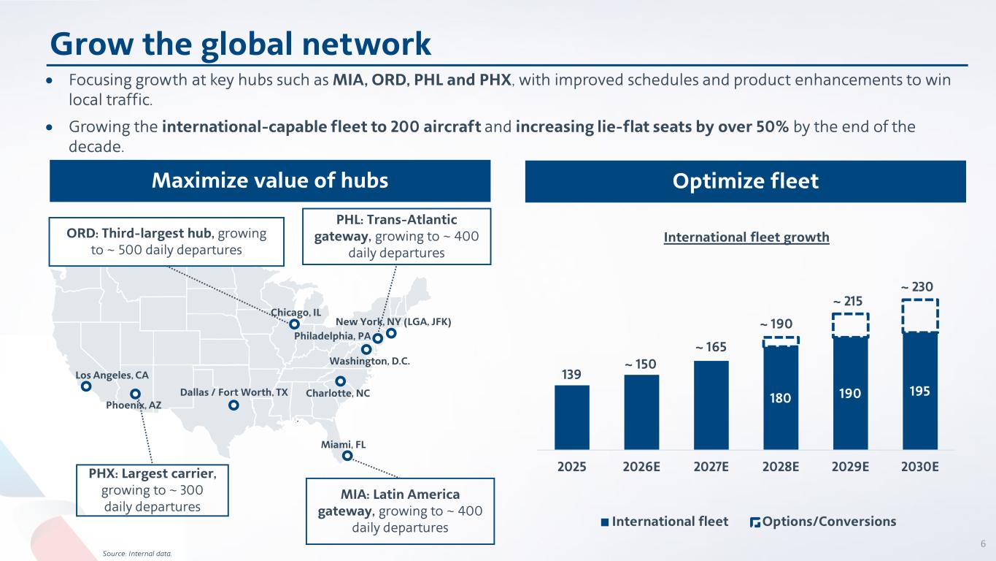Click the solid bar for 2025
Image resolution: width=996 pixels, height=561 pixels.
(572, 417)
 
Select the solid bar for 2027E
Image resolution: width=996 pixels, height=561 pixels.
(711, 405)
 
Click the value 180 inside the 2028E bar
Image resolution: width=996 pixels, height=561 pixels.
(780, 397)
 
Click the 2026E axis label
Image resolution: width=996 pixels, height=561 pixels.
(641, 467)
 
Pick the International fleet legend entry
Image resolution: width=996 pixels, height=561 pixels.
(665, 522)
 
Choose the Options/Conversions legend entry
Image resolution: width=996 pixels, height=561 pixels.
(823, 522)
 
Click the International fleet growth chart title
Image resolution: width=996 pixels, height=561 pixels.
(746, 237)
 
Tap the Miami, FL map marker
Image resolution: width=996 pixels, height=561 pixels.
(347, 456)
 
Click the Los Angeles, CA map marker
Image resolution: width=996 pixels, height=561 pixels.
(86, 386)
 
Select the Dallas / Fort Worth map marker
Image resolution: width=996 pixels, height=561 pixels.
(233, 405)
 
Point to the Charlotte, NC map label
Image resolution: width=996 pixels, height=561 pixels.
(338, 393)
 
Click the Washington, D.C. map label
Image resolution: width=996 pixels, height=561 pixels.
(369, 361)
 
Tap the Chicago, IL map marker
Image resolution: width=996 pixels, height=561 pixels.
(294, 324)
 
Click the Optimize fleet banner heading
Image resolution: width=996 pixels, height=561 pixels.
(745, 181)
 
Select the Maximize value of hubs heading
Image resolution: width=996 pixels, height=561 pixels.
(270, 180)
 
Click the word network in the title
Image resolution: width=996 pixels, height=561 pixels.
(366, 44)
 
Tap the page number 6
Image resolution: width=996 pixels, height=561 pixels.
(983, 543)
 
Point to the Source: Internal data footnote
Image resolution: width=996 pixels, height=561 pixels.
(137, 554)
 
